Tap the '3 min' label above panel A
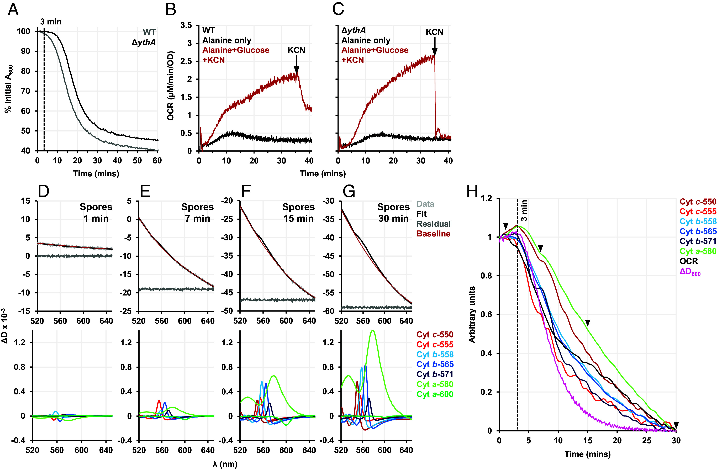coord(51,22)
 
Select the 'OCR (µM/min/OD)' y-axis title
coord(171,87)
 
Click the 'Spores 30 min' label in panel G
coord(393,213)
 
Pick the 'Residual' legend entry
coord(434,224)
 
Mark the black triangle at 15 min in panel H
coord(587,323)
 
